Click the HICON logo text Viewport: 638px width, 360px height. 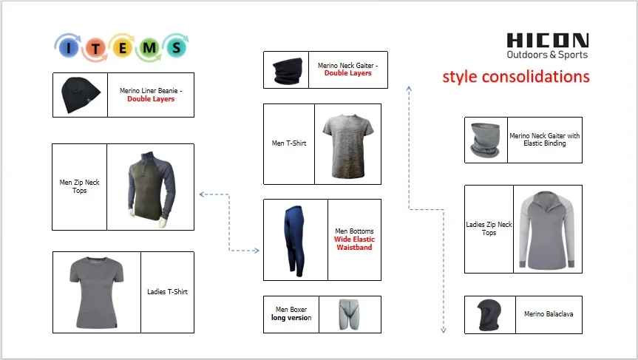coord(548,41)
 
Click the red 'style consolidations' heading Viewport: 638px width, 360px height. coord(515,77)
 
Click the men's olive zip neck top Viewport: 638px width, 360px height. coord(150,187)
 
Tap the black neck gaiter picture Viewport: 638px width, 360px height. coord(288,69)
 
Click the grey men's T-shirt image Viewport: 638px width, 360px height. coord(347,144)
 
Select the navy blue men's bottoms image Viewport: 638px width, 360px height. coord(295,240)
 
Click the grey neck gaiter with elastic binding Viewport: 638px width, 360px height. coord(486,140)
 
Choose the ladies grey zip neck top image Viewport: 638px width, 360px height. coord(547,229)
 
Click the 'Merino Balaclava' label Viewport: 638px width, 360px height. coord(548,314)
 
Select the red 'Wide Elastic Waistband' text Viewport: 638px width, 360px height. coord(353,243)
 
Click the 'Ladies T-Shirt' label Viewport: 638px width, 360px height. coord(167,292)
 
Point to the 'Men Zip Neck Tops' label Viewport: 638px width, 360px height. coord(79,186)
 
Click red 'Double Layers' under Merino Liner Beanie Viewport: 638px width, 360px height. coord(151,98)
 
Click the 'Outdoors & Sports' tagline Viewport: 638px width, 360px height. coord(547,55)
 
